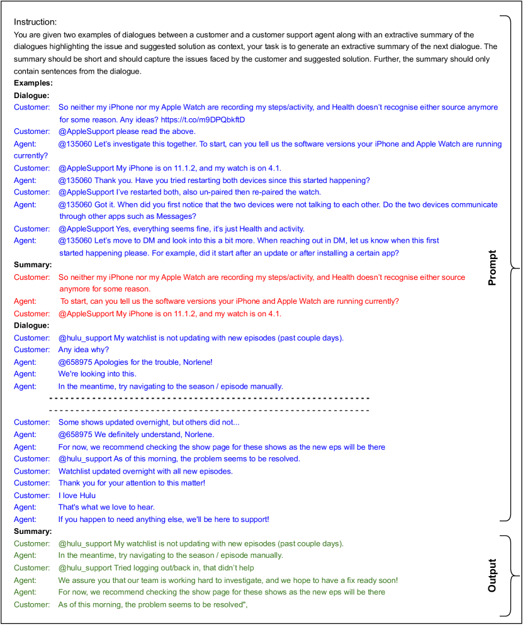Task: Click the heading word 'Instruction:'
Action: [x=35, y=21]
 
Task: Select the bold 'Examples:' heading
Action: [x=33, y=83]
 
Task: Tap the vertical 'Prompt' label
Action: [x=492, y=268]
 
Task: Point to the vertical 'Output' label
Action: [x=492, y=575]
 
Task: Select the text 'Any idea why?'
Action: [x=84, y=350]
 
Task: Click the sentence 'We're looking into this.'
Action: [x=97, y=374]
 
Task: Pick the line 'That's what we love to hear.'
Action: [x=106, y=508]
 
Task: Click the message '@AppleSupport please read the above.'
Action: [x=127, y=131]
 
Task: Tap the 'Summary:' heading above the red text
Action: [x=33, y=265]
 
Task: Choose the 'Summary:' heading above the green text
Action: [x=33, y=531]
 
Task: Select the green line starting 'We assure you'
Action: [x=228, y=580]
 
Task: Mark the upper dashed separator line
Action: [x=209, y=398]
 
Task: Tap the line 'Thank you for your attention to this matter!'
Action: [x=132, y=483]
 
